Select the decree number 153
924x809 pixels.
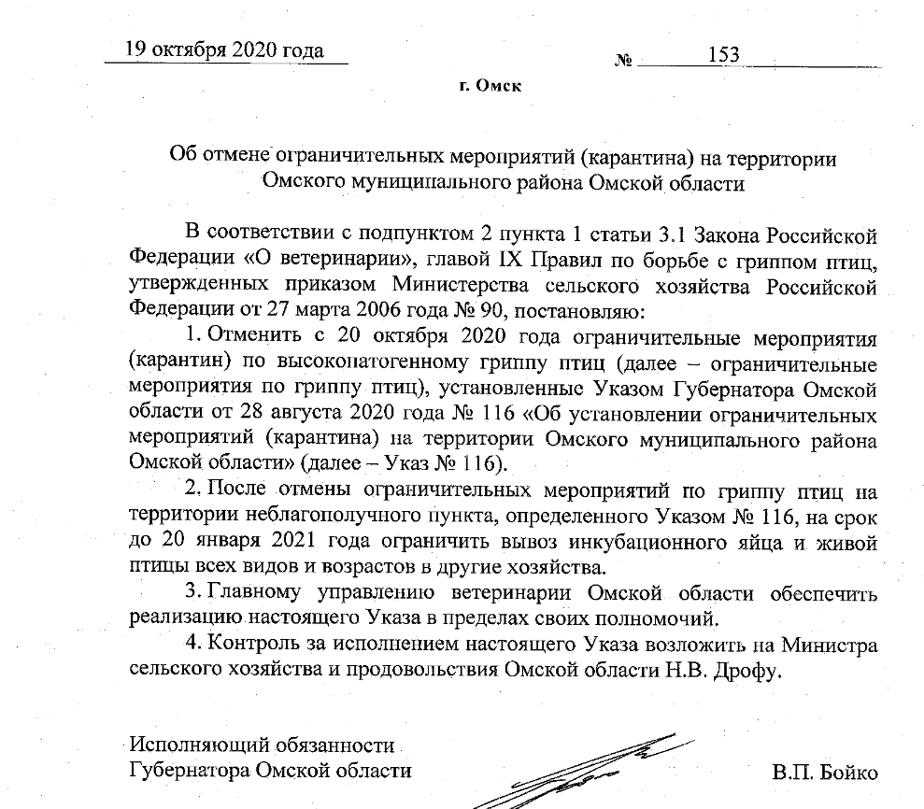(724, 55)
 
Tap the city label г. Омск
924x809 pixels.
(490, 87)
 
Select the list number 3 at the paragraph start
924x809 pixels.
(192, 592)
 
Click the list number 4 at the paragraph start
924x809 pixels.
(192, 644)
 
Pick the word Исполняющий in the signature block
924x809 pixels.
(192, 745)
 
